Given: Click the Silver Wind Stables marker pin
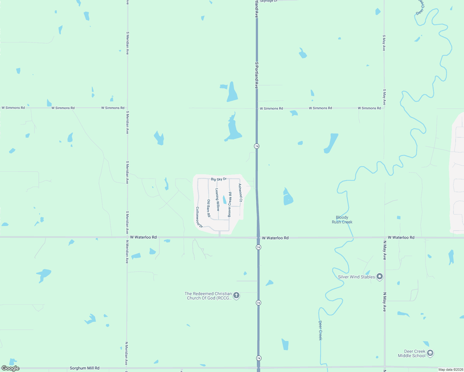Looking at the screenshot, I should coord(380,277).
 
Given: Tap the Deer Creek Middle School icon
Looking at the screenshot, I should coord(430,353).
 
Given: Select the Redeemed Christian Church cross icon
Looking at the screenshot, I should coord(236,295).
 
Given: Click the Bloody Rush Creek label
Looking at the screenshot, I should coord(342,220).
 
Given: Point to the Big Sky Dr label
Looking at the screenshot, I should coord(219,179).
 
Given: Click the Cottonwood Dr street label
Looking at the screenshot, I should coord(199,218).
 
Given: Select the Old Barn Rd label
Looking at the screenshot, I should coord(209,208).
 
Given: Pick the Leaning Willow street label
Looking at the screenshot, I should coord(217,200).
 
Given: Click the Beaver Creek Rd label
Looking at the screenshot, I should coord(230,205).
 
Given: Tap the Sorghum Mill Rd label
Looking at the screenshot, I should coord(84,368).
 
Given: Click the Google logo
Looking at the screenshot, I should coord(10,368).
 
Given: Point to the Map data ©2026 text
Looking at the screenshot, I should coord(451,370).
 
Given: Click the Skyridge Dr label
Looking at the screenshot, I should coord(269,1).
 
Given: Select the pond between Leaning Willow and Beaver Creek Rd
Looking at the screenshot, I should coord(225,200).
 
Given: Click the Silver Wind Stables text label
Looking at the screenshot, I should coord(356,277).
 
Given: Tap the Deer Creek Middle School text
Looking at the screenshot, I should coord(412,353).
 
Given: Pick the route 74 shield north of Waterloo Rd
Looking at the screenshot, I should coord(257,146).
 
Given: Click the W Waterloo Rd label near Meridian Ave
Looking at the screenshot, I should coord(143,237).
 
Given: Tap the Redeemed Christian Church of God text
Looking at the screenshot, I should coord(208,296).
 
